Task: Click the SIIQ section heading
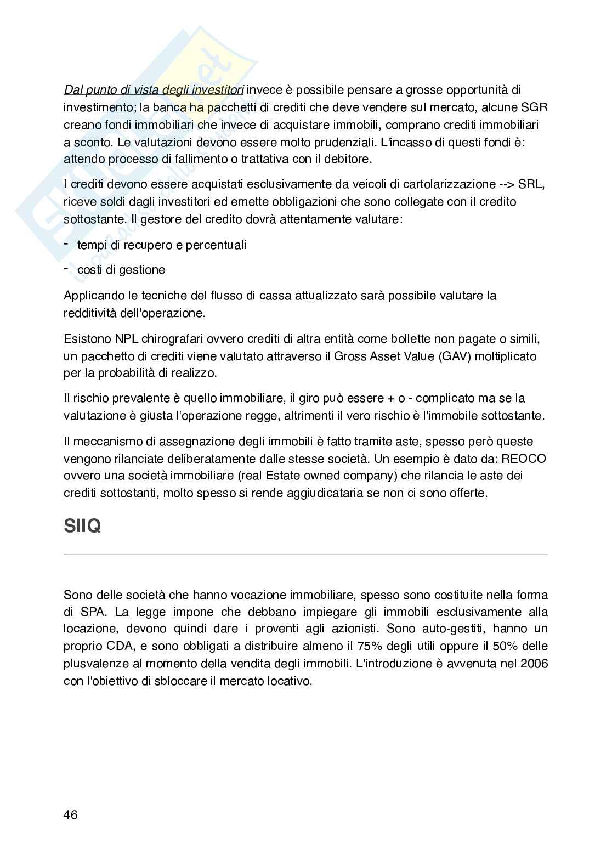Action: (82, 527)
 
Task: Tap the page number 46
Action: (71, 814)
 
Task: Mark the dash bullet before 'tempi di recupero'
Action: (66, 244)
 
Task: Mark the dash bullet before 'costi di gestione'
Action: (66, 268)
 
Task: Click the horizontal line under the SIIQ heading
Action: (305, 554)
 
